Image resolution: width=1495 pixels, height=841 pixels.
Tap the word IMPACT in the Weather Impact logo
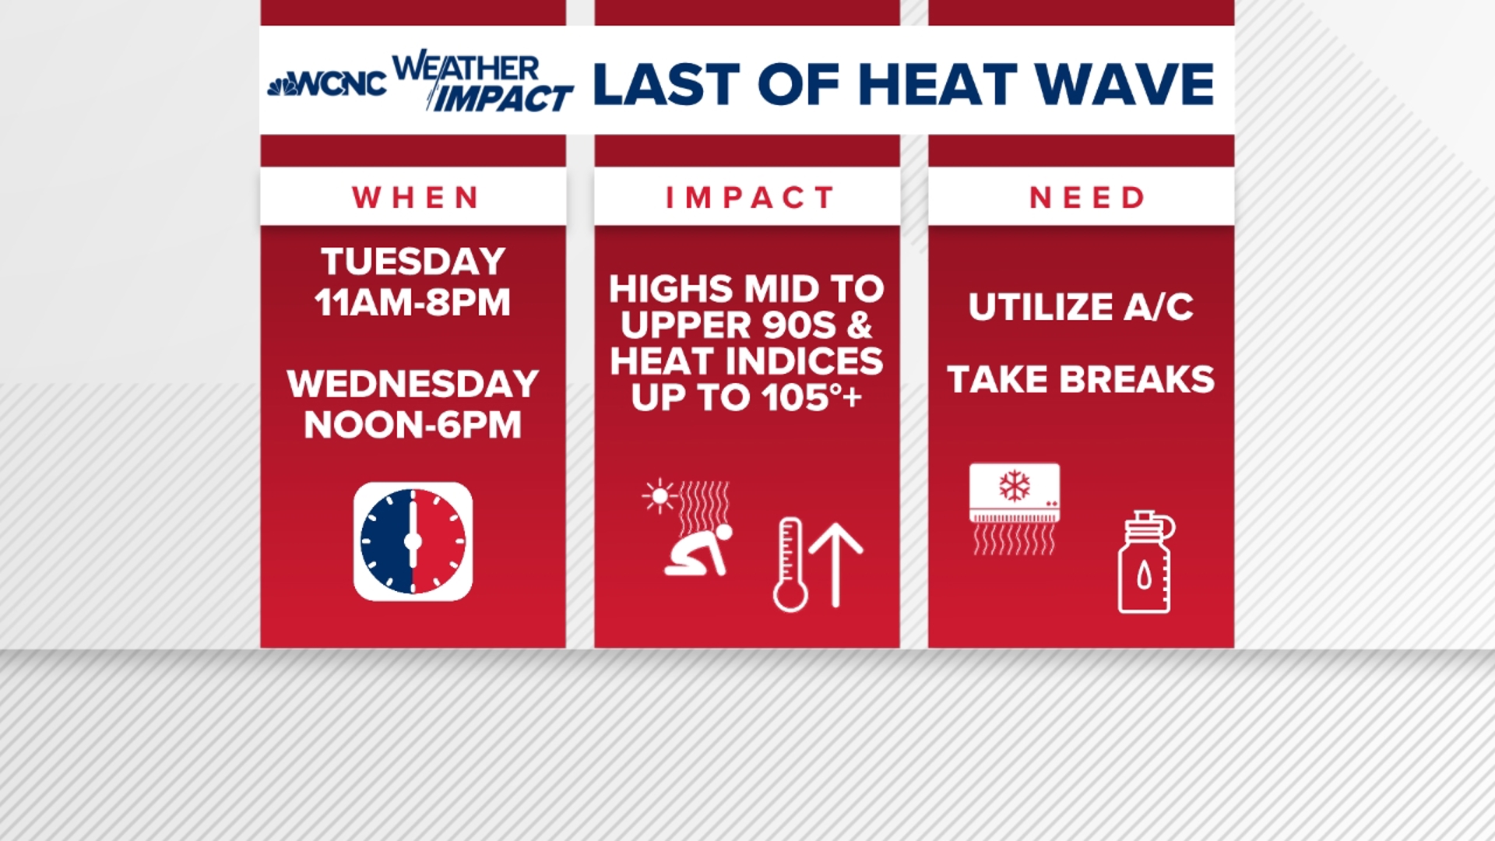[502, 99]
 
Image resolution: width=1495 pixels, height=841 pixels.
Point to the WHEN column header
[414, 198]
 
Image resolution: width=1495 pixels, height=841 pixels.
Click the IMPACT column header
[749, 198]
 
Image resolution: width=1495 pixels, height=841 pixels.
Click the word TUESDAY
[413, 262]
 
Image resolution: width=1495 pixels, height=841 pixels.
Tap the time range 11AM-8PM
[413, 302]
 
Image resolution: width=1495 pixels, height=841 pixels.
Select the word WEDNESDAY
[413, 384]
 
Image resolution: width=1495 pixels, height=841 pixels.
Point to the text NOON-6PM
[413, 425]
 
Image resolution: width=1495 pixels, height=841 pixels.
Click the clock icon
[413, 541]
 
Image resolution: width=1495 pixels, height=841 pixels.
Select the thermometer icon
[790, 565]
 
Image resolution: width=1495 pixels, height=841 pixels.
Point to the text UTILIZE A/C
[1081, 307]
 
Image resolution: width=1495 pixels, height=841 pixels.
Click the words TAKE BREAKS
[1081, 380]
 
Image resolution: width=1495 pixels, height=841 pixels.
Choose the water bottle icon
[1145, 562]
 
